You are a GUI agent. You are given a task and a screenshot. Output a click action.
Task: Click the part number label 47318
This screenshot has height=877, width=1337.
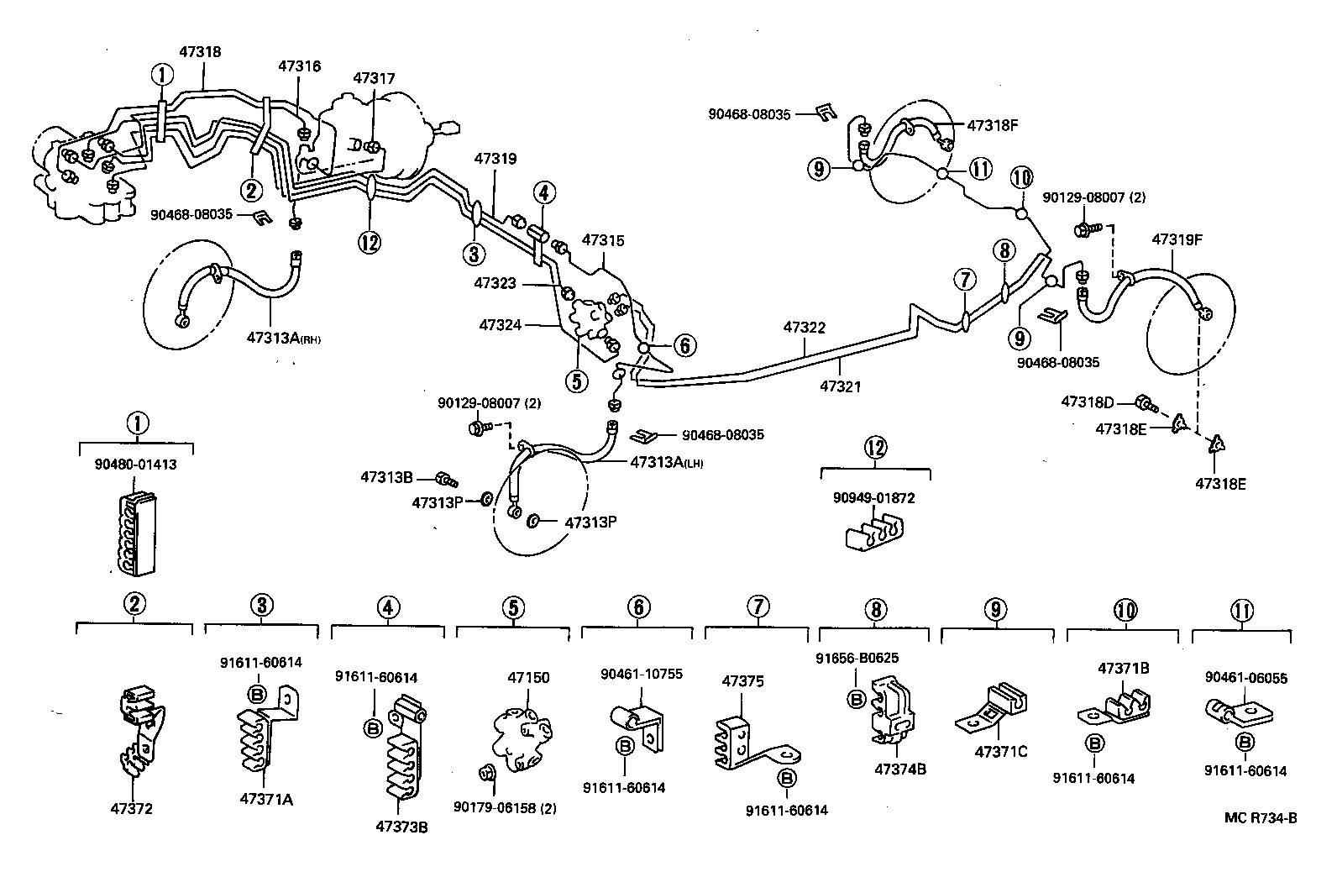click(199, 51)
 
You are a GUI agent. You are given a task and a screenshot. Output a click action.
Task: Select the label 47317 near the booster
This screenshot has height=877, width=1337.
click(374, 78)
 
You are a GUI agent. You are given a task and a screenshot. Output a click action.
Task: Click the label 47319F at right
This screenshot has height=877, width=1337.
click(1177, 239)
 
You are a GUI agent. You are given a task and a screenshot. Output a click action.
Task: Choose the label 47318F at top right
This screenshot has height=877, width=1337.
click(992, 125)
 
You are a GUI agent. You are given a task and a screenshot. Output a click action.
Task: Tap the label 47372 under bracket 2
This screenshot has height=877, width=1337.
click(133, 808)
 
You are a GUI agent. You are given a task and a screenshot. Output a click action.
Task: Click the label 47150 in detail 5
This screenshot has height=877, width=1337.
click(527, 678)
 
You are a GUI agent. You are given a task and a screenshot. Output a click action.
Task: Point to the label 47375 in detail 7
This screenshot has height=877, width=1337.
click(742, 681)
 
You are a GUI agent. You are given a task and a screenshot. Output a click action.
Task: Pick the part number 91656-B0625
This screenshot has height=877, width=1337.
click(856, 658)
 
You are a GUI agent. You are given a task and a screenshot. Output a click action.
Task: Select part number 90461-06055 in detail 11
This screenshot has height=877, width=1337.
click(1245, 678)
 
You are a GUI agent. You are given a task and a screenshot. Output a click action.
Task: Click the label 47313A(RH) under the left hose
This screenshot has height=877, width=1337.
click(284, 339)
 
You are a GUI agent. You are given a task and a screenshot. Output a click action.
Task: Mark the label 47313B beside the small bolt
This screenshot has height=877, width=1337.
click(386, 477)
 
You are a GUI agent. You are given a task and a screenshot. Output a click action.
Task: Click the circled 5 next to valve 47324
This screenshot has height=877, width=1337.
click(576, 381)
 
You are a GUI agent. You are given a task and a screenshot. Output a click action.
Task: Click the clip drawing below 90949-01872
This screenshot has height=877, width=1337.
click(873, 533)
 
